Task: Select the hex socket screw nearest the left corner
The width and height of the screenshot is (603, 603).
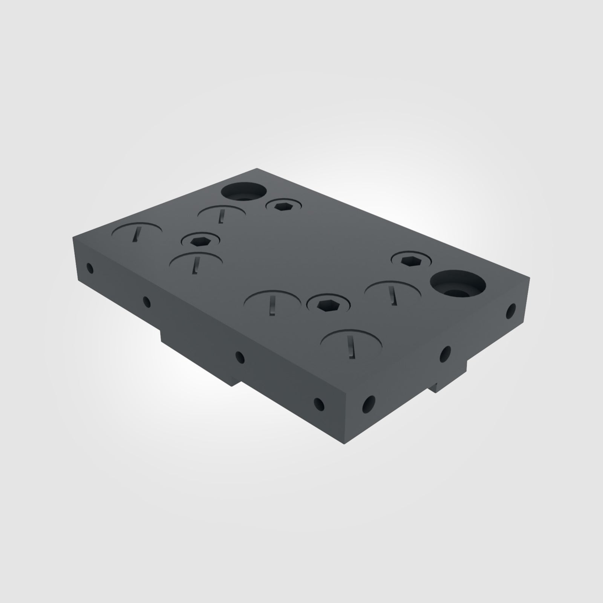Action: [200, 240]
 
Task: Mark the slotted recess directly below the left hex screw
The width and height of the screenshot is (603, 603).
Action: [196, 262]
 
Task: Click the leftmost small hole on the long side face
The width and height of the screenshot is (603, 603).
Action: [90, 268]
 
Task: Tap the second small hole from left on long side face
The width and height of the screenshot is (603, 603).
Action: [147, 301]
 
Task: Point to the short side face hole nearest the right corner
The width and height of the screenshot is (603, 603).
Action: [511, 311]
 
